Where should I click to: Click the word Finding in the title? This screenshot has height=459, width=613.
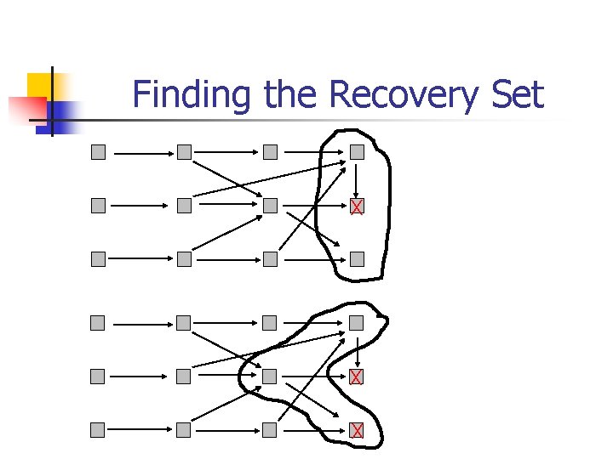(192, 94)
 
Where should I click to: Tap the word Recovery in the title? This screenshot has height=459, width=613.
(404, 94)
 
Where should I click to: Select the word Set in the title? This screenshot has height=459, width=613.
(517, 94)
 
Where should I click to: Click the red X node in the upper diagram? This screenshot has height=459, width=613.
(357, 206)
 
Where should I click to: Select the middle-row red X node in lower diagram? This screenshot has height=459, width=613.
(357, 377)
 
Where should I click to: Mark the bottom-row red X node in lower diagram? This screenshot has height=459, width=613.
(357, 431)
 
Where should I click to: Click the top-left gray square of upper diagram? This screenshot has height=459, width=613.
(99, 153)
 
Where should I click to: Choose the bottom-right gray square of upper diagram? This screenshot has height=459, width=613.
(357, 259)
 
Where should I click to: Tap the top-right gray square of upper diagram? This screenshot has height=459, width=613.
(357, 153)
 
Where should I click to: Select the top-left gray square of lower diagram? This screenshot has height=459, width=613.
(99, 323)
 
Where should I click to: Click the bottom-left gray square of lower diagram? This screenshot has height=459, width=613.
(99, 431)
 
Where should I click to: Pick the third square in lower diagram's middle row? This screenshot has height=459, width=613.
(270, 377)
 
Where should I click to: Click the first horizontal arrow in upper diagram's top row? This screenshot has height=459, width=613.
(141, 154)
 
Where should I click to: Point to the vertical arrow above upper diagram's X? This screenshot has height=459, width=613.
(357, 179)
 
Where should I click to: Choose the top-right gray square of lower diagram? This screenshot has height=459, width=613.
(357, 323)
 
